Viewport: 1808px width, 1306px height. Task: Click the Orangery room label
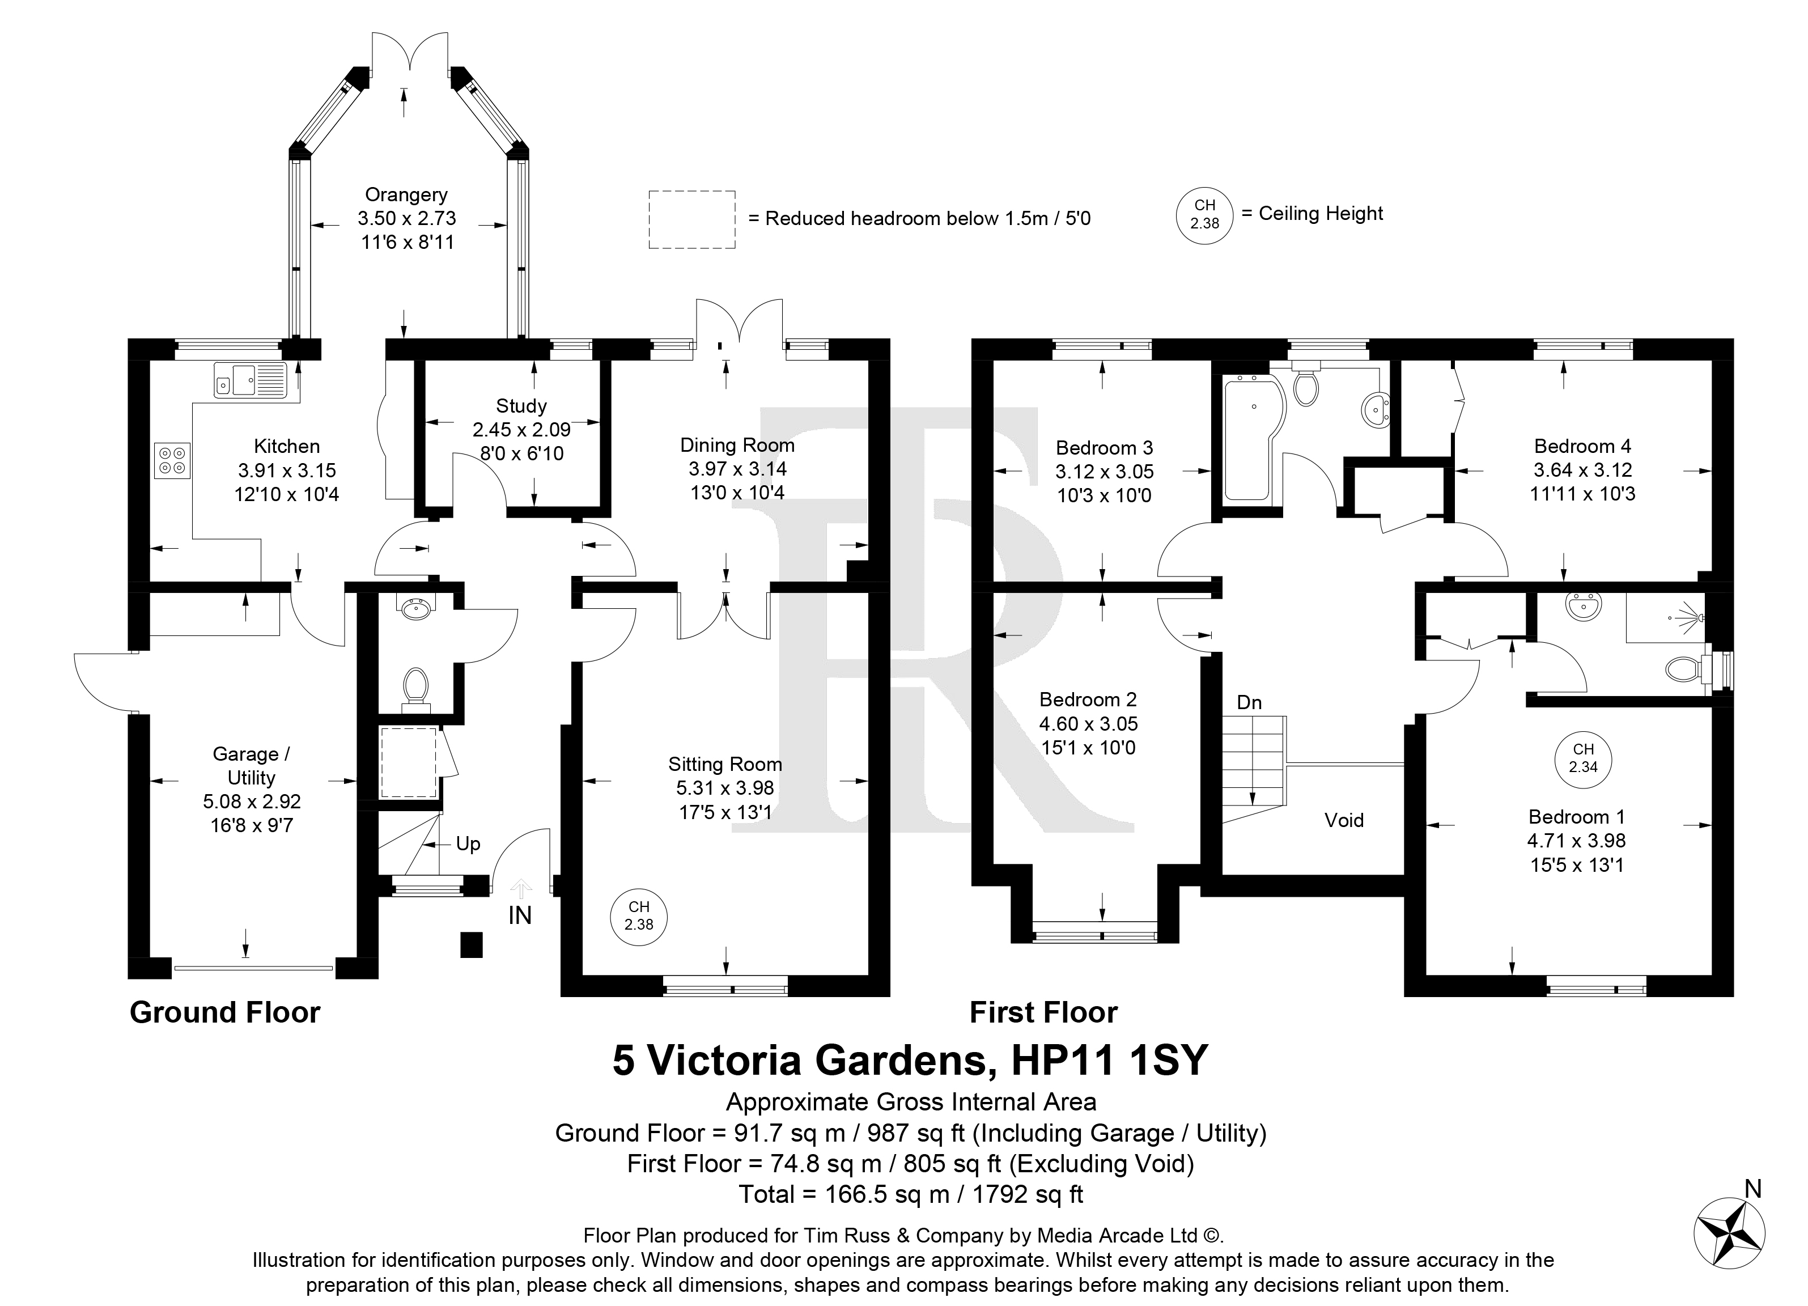click(406, 194)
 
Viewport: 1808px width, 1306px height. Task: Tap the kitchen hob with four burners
click(172, 460)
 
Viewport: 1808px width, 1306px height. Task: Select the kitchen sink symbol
click(249, 380)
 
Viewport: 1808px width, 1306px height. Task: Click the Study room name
click(521, 406)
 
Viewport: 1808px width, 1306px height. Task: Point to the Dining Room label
click(737, 445)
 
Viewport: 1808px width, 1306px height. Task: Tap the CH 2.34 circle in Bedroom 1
click(1583, 759)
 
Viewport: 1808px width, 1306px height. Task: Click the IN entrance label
click(520, 915)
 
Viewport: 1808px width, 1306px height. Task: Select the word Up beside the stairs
click(468, 845)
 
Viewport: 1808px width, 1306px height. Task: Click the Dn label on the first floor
click(1249, 702)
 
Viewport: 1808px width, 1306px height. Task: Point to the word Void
click(1344, 820)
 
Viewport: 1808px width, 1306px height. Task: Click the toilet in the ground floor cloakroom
click(415, 690)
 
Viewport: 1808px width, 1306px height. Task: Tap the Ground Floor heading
click(225, 1012)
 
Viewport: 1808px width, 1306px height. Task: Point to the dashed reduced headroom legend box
click(692, 219)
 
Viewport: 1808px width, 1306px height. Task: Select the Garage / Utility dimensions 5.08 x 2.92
click(252, 802)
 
